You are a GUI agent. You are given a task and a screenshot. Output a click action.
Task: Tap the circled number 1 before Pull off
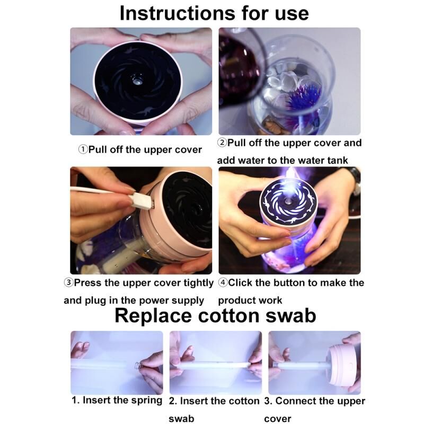pyautogui.click(x=83, y=149)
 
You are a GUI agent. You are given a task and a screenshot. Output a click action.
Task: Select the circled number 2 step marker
pyautogui.click(x=222, y=143)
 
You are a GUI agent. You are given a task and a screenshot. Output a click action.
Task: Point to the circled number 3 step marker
pyautogui.click(x=69, y=282)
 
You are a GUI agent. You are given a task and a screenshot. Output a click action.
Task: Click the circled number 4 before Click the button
pyautogui.click(x=223, y=282)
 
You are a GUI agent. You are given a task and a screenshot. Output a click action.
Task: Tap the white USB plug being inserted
pyautogui.click(x=142, y=201)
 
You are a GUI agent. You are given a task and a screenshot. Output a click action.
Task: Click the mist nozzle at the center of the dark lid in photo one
pyautogui.click(x=136, y=80)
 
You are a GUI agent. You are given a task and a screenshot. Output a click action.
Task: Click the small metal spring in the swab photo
pyautogui.click(x=137, y=365)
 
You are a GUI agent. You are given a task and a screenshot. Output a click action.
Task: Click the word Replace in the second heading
pyautogui.click(x=153, y=316)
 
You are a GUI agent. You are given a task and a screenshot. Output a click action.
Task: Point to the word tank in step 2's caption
pyautogui.click(x=338, y=160)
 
